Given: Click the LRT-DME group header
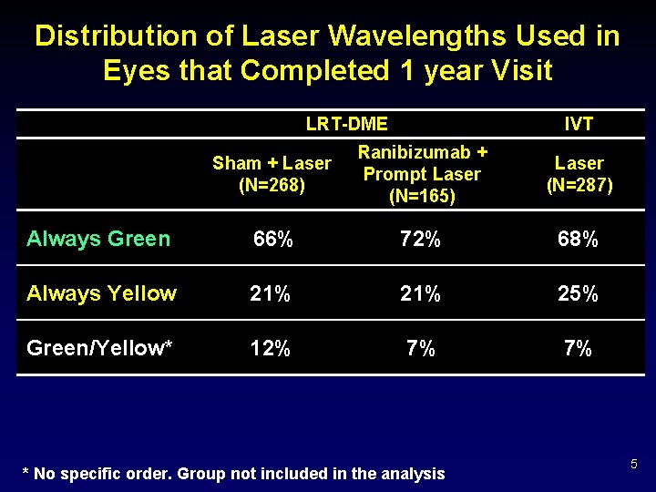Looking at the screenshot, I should click(347, 124).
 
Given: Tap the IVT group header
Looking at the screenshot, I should click(579, 124).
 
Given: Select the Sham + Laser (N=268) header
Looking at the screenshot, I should click(272, 174).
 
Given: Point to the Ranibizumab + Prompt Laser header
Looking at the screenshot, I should click(422, 173).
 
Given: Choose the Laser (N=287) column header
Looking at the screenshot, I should click(579, 174).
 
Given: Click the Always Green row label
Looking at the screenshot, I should click(98, 239).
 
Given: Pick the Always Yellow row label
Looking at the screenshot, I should click(101, 293).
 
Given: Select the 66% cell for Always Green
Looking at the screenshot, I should click(272, 240).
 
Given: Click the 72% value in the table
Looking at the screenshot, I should click(421, 240).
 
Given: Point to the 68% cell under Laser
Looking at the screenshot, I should click(579, 240).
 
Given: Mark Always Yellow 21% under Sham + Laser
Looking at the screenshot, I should click(271, 293).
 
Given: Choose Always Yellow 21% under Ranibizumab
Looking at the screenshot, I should click(421, 293).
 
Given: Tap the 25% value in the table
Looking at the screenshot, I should click(579, 293).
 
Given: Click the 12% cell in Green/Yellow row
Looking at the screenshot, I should click(271, 348).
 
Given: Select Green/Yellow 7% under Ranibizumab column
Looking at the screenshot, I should click(421, 348).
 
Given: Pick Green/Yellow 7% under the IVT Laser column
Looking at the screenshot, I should click(579, 348).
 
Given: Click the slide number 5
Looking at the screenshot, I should click(633, 466).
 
